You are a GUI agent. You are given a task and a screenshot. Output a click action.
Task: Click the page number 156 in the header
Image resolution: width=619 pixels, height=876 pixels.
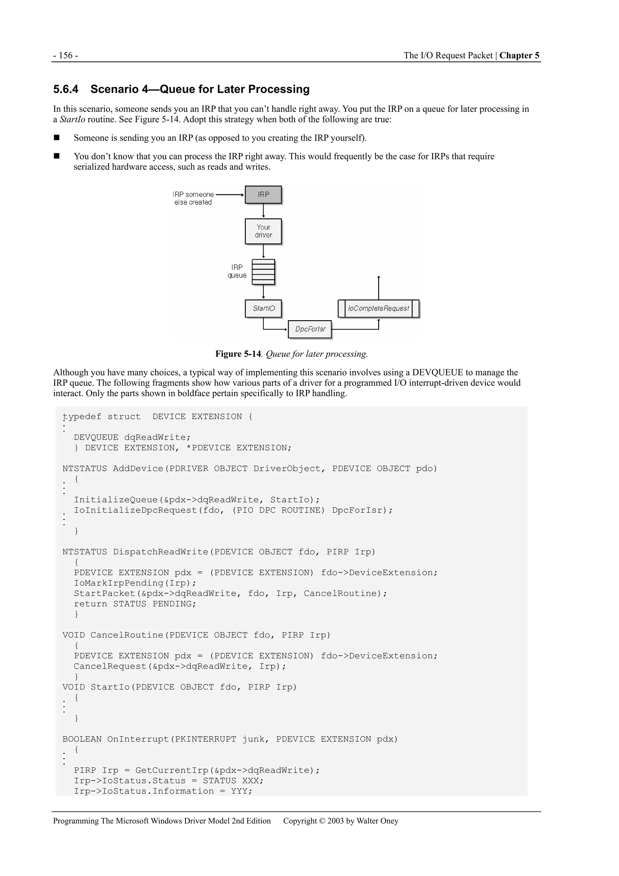click(x=66, y=56)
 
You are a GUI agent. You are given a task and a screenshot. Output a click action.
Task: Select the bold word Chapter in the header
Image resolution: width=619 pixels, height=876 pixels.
click(x=516, y=56)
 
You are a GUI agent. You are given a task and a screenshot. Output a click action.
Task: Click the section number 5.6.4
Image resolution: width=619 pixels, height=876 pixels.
click(x=66, y=89)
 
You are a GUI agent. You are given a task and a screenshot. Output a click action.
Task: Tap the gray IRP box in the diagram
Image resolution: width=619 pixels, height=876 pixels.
click(x=263, y=194)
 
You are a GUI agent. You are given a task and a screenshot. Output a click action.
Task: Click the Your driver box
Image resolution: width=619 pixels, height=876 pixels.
click(x=263, y=231)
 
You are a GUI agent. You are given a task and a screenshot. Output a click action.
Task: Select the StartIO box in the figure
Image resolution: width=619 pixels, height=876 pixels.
click(x=263, y=308)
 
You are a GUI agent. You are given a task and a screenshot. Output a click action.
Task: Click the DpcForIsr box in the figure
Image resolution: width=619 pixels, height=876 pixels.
click(x=310, y=329)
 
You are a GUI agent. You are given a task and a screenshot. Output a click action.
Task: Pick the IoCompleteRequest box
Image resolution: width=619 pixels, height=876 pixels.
click(x=378, y=308)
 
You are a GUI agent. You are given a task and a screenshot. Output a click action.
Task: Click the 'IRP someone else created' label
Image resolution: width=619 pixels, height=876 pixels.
click(x=193, y=198)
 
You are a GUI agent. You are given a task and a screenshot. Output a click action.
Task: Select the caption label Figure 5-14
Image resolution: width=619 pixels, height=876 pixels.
click(x=238, y=354)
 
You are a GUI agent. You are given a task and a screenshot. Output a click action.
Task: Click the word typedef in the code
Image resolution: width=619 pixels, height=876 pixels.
click(x=82, y=417)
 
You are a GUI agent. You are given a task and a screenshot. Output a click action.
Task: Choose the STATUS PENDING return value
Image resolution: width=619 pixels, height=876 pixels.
click(x=154, y=604)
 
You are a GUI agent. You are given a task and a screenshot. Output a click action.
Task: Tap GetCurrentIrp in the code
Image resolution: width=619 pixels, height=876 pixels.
click(x=172, y=770)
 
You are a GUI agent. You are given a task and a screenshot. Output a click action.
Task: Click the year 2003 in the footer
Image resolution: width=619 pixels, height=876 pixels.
click(x=335, y=821)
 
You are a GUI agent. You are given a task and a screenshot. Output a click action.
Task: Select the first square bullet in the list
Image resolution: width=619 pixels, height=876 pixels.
click(x=57, y=138)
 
